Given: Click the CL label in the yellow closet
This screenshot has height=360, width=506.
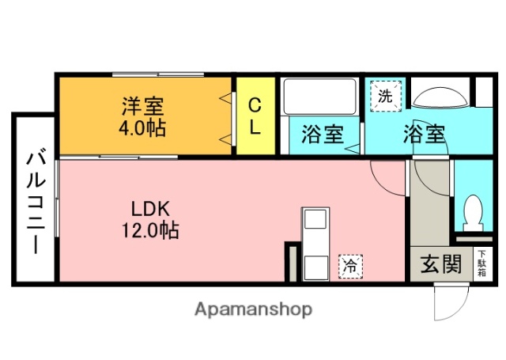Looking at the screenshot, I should point(255,116).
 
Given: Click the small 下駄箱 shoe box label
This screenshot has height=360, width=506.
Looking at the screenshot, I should point(481,263).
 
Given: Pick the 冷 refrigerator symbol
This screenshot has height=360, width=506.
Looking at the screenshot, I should point(349,266).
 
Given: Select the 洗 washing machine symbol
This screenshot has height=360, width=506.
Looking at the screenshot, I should point(385,97).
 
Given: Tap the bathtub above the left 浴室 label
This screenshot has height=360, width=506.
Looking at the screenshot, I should point(319,96).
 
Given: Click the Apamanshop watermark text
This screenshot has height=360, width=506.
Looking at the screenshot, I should point(254,309).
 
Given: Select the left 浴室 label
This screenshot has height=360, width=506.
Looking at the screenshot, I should point(322,134).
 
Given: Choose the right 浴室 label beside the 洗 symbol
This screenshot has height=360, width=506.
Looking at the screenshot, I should point(423,134).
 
